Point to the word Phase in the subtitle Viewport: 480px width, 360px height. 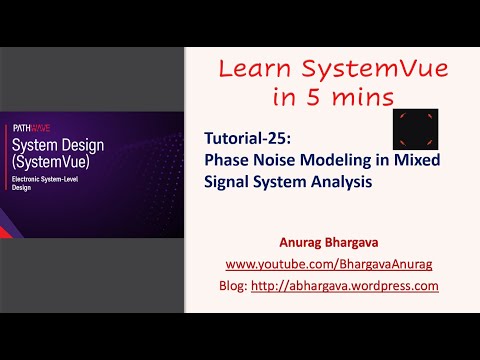[x=226, y=161]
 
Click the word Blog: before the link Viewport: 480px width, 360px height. [x=234, y=285]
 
